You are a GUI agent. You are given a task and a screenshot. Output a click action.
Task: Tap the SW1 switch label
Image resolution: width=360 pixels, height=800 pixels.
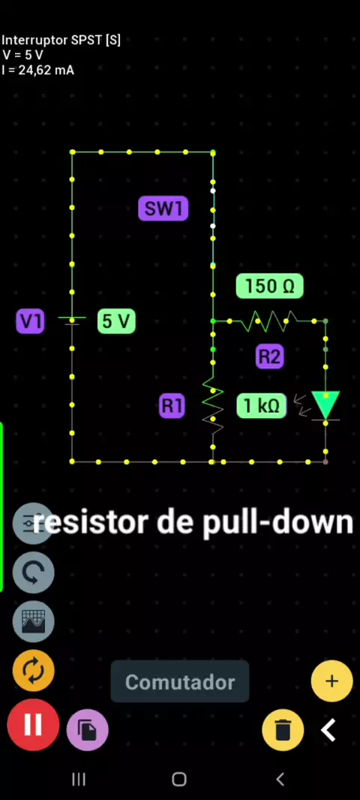[x=163, y=209]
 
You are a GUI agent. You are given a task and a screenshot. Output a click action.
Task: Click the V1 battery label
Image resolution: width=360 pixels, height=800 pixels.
[x=30, y=321]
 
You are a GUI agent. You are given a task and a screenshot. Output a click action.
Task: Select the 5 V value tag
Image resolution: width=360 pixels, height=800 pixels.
[x=116, y=321]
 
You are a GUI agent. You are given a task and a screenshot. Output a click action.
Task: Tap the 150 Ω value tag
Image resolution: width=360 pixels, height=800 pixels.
[x=270, y=286]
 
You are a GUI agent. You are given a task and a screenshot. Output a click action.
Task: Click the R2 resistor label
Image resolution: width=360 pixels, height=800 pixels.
[x=270, y=356]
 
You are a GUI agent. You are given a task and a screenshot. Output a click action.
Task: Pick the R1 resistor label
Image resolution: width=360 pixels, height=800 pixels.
[x=172, y=406]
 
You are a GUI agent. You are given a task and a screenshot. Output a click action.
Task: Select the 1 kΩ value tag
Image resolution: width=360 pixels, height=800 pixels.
[x=262, y=406]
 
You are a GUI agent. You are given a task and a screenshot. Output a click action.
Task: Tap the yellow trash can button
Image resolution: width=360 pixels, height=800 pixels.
[x=283, y=729]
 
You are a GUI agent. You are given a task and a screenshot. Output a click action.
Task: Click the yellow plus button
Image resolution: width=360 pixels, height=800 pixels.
[x=332, y=681]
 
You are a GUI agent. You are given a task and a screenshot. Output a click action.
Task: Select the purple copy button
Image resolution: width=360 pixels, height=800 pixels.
[x=87, y=729]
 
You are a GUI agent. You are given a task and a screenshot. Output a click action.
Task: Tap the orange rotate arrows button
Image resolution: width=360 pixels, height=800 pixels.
[x=33, y=670]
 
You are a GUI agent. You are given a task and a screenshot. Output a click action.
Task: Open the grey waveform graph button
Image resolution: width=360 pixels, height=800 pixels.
[x=33, y=621]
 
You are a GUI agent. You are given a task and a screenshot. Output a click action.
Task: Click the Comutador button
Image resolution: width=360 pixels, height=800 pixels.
[x=180, y=681]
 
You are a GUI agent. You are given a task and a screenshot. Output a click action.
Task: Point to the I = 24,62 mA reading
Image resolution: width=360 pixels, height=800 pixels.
[x=37, y=70]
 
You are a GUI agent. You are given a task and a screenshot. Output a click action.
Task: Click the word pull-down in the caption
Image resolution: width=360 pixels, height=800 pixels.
[x=278, y=523]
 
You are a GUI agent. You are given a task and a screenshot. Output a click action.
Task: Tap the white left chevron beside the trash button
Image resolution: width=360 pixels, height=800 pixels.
[x=328, y=730]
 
